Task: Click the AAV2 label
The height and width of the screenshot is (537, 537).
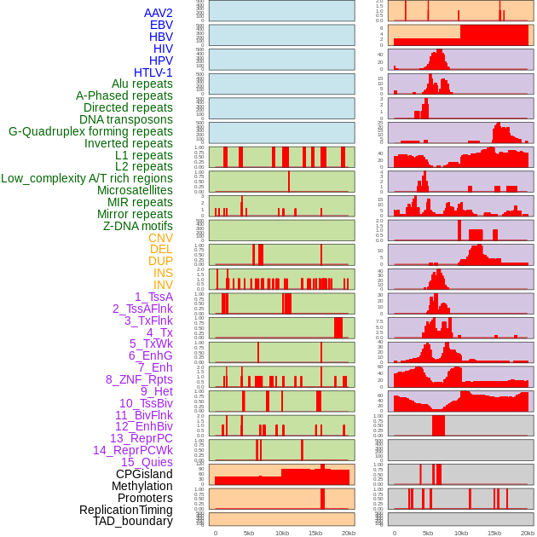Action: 158,13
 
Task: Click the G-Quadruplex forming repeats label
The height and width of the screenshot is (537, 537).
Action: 90,131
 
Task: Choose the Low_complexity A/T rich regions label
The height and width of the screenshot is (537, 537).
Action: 87,178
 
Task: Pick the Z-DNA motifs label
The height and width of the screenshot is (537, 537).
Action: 137,226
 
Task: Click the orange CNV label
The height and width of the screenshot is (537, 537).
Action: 160,238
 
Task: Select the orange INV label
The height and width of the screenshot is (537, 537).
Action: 163,285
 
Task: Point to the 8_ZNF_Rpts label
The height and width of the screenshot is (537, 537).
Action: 139,379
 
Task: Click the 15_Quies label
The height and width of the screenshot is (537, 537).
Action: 146,462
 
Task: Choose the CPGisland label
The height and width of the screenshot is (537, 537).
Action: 144,474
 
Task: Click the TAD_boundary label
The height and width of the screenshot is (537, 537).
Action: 132,521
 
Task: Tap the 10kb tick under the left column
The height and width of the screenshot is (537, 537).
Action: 281,533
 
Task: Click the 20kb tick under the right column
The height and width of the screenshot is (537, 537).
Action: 528,533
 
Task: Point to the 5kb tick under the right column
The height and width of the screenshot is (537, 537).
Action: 428,533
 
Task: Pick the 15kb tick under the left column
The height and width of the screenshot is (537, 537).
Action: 315,533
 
